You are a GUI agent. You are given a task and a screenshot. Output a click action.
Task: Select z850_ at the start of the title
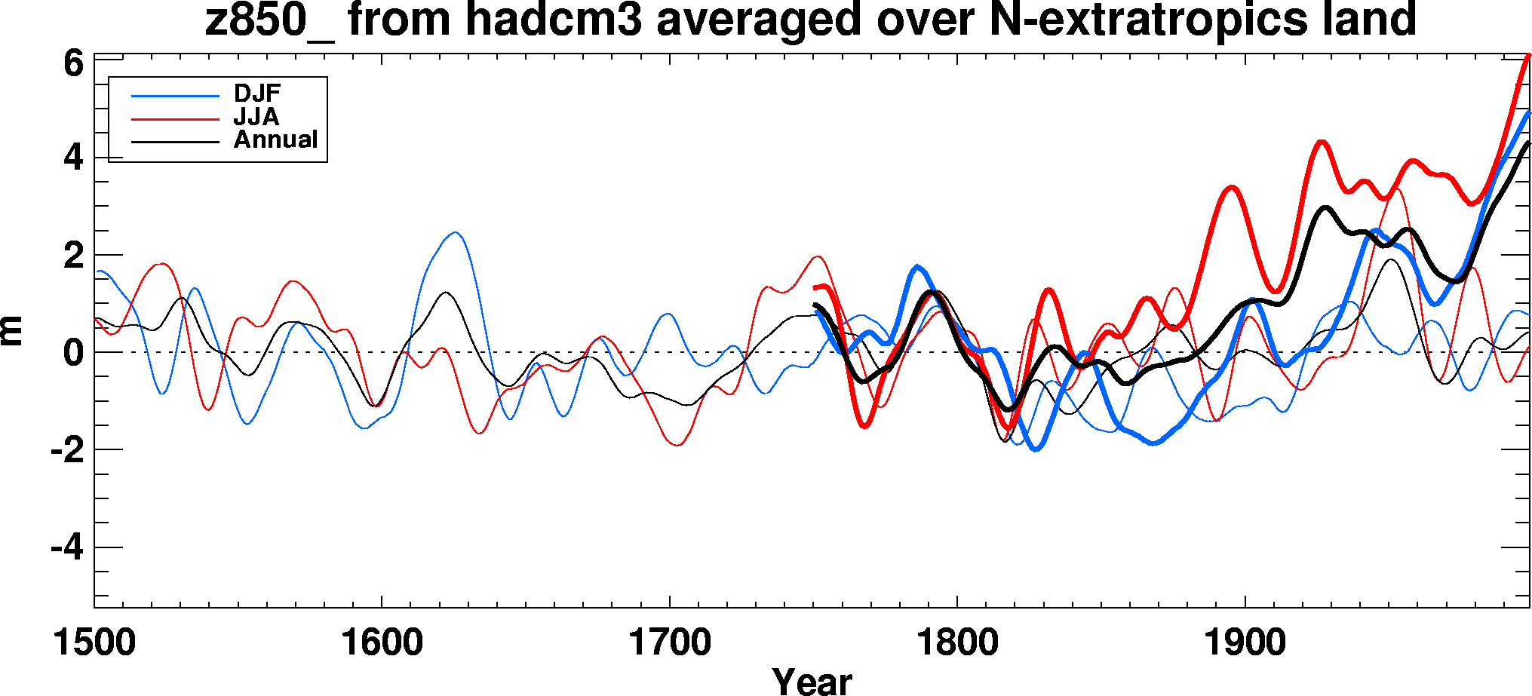point(269,20)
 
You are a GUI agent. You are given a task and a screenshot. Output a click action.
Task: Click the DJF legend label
point(257,94)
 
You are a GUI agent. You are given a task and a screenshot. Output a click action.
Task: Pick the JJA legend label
point(256,117)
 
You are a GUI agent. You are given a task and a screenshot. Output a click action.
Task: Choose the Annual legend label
point(275,140)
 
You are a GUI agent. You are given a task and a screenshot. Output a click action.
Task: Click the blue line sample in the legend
point(175,96)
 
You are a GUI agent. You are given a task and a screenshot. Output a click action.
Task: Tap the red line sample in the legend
point(175,119)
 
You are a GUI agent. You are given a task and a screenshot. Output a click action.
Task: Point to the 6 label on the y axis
point(73,63)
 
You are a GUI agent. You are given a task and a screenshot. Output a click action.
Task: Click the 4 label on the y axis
point(73,158)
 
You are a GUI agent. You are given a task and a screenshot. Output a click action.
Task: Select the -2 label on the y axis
point(66,450)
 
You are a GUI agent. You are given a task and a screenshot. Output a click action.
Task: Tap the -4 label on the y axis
point(66,547)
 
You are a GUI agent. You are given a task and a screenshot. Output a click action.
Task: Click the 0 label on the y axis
point(73,353)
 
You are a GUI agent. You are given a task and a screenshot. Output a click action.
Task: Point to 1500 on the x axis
point(94,643)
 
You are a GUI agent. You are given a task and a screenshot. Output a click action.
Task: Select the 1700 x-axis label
point(670,643)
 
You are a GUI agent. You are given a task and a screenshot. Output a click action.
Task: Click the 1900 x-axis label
point(1245,643)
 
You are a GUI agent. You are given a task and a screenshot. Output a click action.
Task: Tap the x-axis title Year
point(812,681)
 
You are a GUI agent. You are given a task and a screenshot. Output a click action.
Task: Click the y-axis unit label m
point(13,331)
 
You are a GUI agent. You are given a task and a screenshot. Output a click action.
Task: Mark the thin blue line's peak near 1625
point(455,233)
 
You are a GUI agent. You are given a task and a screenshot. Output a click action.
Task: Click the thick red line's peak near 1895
point(1232,187)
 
